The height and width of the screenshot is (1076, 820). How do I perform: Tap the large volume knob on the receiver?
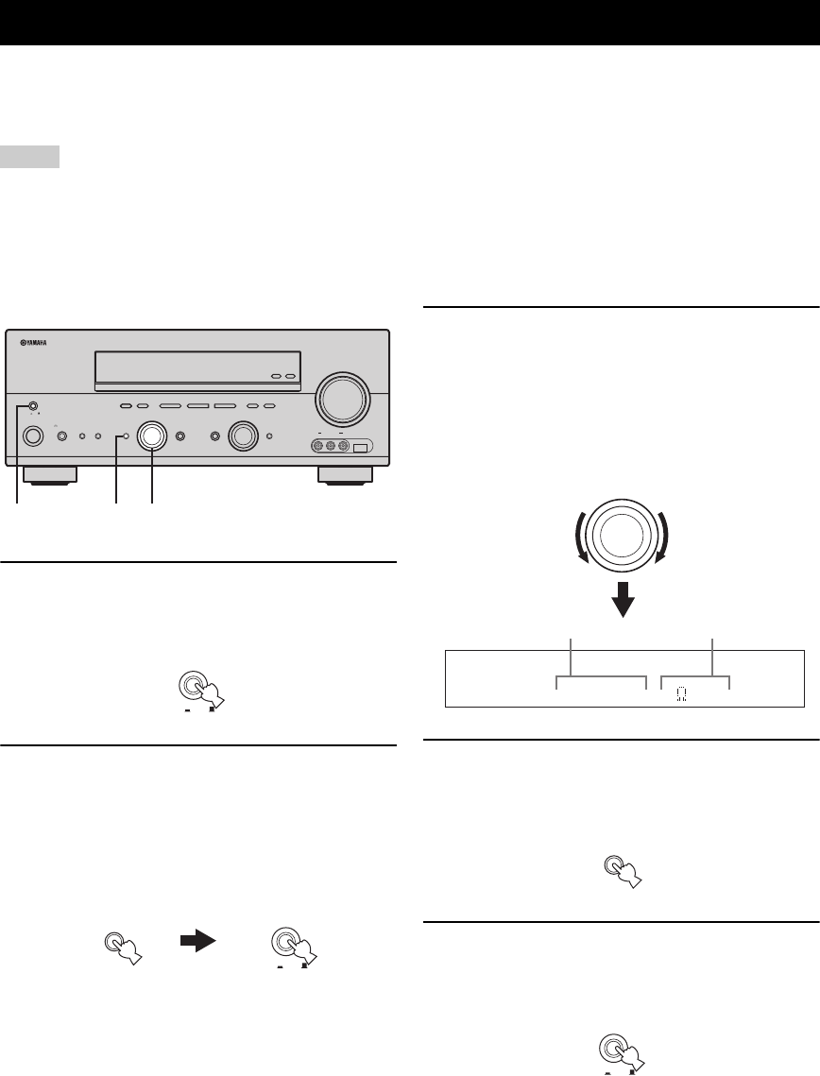click(x=342, y=399)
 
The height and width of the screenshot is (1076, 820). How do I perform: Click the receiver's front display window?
click(x=197, y=369)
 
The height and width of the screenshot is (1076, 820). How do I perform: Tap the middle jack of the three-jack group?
click(x=331, y=448)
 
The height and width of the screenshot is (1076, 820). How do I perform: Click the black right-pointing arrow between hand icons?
click(x=197, y=942)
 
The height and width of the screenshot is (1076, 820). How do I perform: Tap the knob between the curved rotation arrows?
click(x=623, y=533)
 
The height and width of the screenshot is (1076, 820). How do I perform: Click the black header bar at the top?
click(x=410, y=23)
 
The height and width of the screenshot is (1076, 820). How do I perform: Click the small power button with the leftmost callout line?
click(x=33, y=407)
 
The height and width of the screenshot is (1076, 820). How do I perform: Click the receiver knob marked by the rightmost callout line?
click(x=151, y=436)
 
